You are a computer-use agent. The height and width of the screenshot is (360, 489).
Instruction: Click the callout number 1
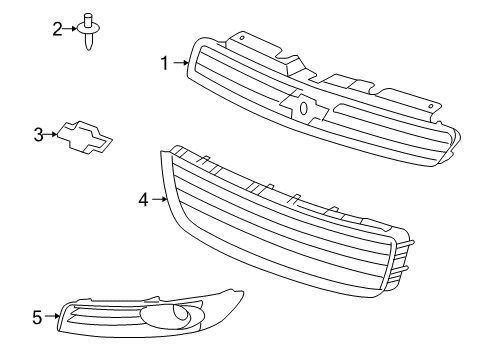click(x=165, y=63)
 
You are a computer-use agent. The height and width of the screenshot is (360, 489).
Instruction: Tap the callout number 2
click(x=57, y=27)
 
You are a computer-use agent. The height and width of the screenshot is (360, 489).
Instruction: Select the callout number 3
click(x=39, y=132)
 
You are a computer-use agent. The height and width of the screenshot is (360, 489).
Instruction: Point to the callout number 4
click(x=143, y=200)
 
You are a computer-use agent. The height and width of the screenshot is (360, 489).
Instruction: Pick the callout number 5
click(x=37, y=318)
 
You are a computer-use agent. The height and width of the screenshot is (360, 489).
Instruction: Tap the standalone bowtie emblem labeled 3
click(x=83, y=137)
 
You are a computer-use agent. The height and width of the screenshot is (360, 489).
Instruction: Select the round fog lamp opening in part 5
click(x=184, y=318)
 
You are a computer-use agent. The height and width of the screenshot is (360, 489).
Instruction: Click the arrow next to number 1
click(x=181, y=63)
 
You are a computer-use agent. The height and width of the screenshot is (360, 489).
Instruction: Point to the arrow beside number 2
click(x=72, y=27)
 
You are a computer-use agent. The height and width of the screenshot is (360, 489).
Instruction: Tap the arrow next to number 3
click(x=53, y=132)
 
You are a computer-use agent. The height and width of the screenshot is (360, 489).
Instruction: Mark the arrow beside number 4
click(x=158, y=200)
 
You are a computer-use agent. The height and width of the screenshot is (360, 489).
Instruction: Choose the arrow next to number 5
click(x=52, y=318)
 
